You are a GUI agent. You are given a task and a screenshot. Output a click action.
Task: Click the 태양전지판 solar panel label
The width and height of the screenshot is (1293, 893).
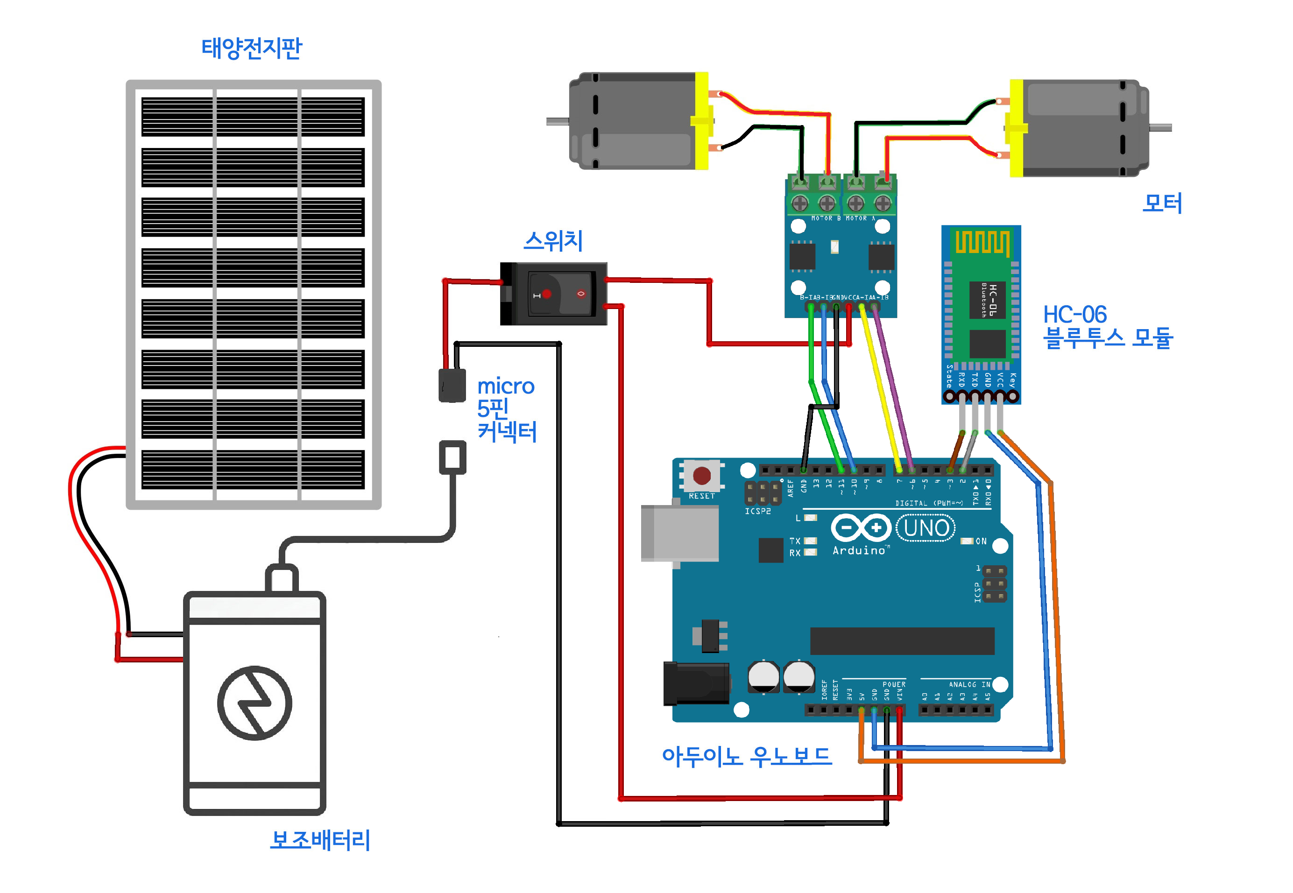[x=251, y=48]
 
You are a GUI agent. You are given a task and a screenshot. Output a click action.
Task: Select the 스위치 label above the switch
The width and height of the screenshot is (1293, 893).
[x=552, y=241]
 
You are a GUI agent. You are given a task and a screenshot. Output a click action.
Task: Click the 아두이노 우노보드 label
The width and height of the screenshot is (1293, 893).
[x=746, y=756]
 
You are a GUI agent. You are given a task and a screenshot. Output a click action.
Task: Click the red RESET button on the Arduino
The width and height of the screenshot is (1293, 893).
[x=701, y=476]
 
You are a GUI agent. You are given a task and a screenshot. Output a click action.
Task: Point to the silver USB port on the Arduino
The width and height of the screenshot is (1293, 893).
[x=679, y=533]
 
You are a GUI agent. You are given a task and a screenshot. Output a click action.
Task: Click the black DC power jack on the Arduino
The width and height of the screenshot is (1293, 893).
[x=696, y=683]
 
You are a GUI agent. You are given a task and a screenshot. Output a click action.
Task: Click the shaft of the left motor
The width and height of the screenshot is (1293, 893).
[x=558, y=121]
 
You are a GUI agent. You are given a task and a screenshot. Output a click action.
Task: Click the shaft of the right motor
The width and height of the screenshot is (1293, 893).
[x=1160, y=128]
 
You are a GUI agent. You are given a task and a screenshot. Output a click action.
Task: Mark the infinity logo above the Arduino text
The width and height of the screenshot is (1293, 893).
[x=860, y=527]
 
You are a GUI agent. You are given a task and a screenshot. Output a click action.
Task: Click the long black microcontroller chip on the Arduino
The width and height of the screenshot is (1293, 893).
[x=901, y=640]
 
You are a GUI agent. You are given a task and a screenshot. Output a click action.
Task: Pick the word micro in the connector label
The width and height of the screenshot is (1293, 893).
[x=505, y=386]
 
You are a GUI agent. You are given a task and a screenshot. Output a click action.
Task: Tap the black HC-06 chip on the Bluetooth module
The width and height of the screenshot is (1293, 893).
[x=987, y=299]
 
